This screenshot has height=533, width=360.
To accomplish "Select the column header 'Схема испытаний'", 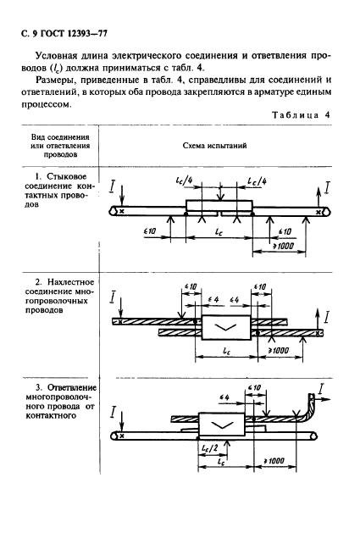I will point(215,146).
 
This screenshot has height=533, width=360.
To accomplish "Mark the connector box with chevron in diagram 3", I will point(222,424).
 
